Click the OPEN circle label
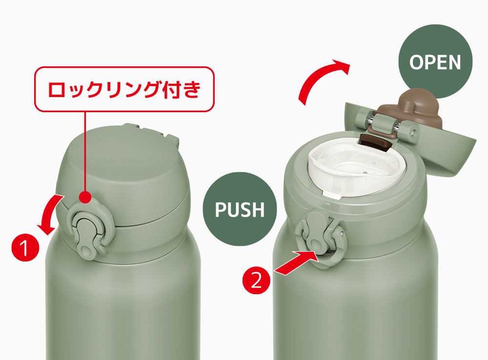coord(435,61)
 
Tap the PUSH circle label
coord(240,209)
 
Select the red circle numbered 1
coord(25,247)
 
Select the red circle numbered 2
coord(256,280)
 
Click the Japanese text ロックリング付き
coord(124,90)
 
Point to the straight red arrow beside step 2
coord(296,263)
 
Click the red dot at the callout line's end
coord(85,197)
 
